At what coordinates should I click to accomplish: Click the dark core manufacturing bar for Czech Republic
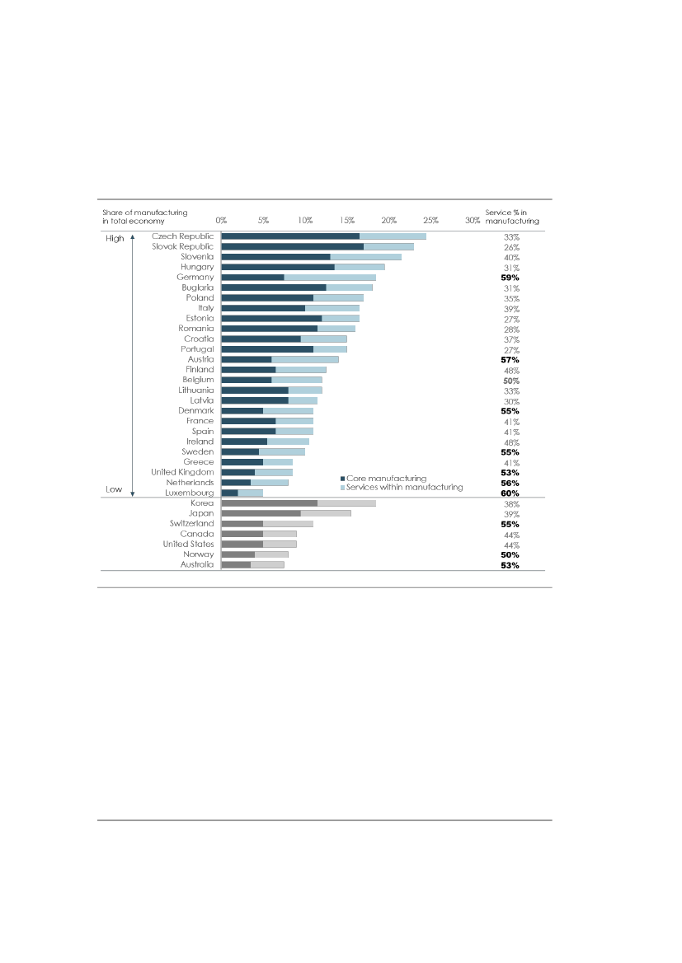click(x=290, y=236)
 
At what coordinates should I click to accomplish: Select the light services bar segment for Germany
click(x=330, y=278)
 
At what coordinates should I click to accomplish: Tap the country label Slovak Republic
click(x=182, y=246)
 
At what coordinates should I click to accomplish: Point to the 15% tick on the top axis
click(x=347, y=221)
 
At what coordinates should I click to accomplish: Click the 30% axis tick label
click(x=473, y=221)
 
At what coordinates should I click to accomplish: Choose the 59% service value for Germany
click(x=510, y=278)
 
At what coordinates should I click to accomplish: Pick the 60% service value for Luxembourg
click(x=510, y=493)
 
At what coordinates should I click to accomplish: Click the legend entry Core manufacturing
click(x=386, y=478)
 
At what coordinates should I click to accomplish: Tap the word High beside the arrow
click(x=114, y=238)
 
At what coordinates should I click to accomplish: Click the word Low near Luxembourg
click(x=114, y=489)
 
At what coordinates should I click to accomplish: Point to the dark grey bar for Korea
click(x=269, y=503)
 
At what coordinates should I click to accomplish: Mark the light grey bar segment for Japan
click(x=326, y=513)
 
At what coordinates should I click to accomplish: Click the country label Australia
click(x=197, y=564)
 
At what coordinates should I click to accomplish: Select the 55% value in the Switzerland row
click(x=510, y=524)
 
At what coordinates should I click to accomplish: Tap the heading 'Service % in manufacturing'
click(x=512, y=217)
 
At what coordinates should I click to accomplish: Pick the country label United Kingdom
click(x=182, y=472)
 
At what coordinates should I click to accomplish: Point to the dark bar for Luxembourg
click(x=229, y=493)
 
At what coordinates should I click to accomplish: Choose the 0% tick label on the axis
click(x=221, y=221)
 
